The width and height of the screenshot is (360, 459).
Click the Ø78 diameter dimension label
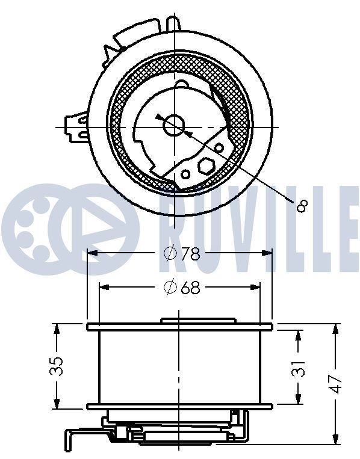181,253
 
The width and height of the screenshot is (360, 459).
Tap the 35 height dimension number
56,366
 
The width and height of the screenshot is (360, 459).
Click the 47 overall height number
335,383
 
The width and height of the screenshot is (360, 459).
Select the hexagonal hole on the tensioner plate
205,165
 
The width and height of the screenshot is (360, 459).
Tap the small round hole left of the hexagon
186,174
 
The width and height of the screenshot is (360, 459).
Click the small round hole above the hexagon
220,147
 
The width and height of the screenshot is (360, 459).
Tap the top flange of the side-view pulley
179,327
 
